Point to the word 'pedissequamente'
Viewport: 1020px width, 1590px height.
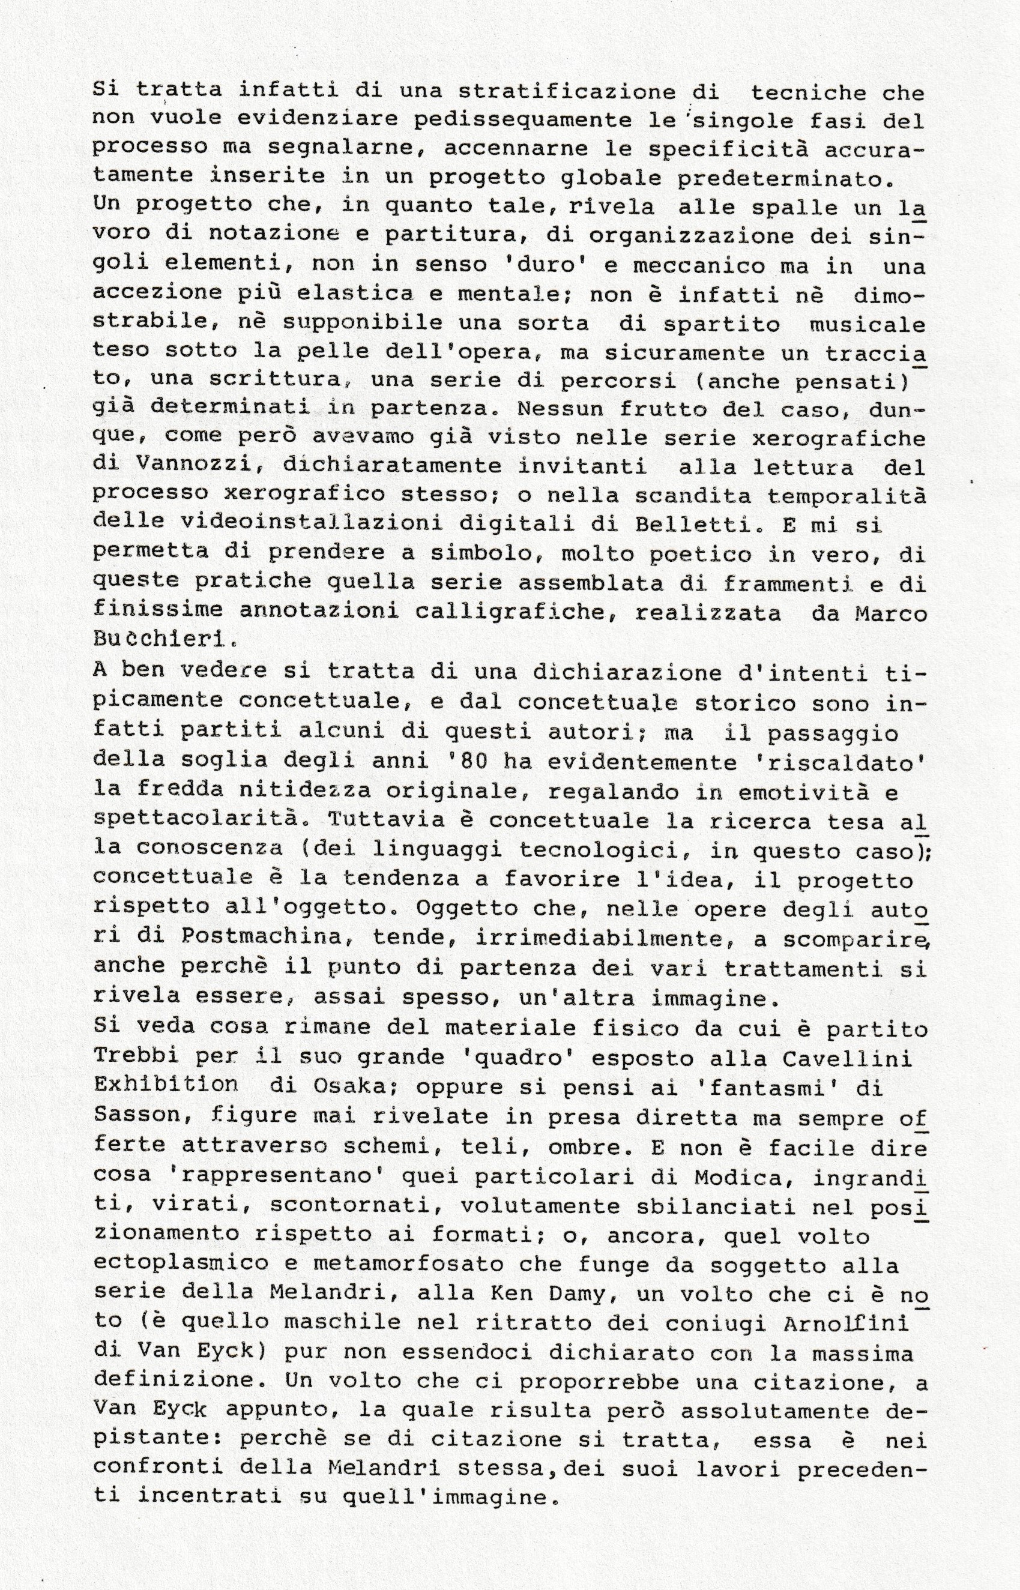(513, 120)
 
